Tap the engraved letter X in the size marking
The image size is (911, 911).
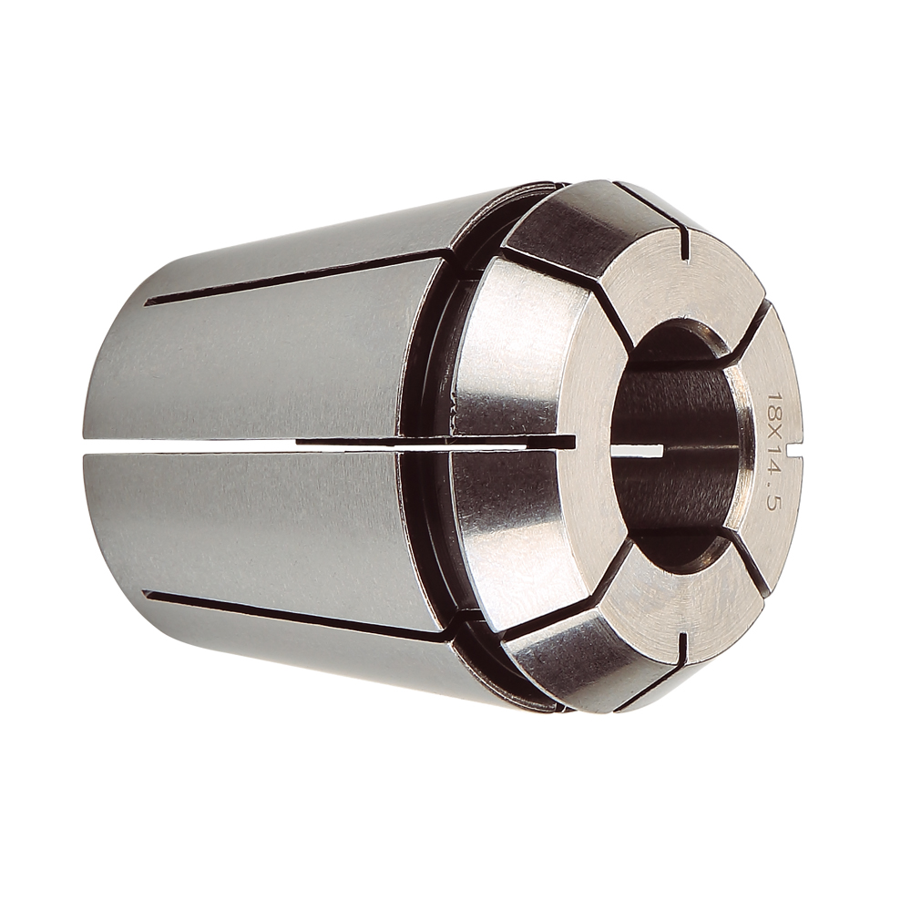[x=773, y=429]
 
